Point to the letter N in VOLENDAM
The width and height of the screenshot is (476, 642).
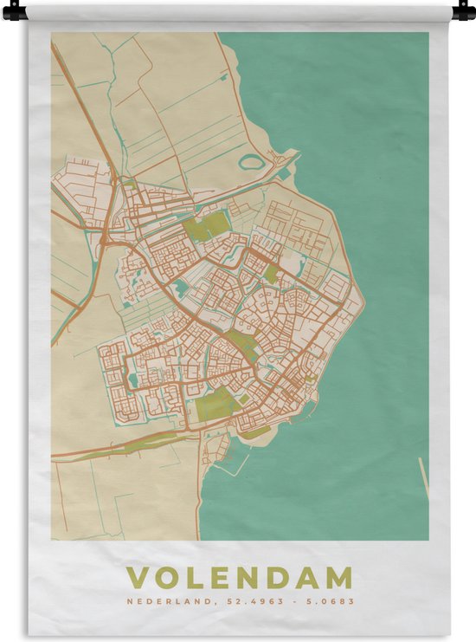(254, 578)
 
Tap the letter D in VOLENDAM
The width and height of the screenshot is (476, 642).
(282, 578)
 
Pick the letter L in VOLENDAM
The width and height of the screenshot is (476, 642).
(198, 578)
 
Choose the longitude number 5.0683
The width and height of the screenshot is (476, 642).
(331, 601)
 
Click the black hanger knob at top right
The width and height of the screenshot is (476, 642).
(464, 11)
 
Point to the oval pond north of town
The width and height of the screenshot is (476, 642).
(252, 162)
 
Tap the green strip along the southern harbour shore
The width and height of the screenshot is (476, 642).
(256, 431)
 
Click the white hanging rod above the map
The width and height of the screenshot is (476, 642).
(238, 10)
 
